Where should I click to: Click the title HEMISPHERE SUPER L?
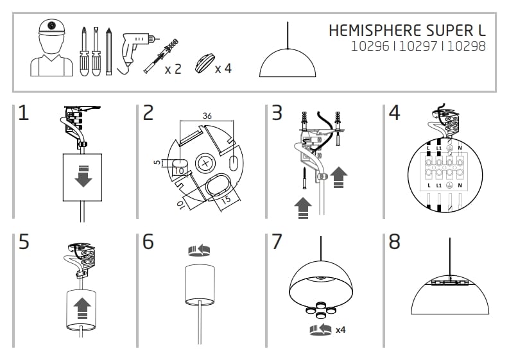click(406, 30)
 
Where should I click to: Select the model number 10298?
click(467, 46)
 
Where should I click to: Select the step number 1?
click(24, 114)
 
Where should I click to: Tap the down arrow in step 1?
click(83, 177)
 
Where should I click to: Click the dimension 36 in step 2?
click(207, 117)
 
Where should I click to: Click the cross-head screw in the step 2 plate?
click(205, 164)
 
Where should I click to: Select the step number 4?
click(395, 114)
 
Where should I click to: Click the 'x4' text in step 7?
click(341, 329)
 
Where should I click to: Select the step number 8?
click(395, 242)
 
